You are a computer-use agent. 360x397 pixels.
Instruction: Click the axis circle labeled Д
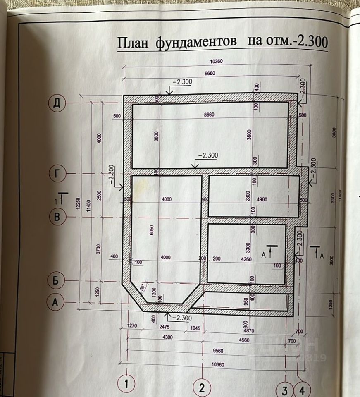click(x=57, y=103)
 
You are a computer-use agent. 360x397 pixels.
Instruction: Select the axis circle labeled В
click(x=57, y=217)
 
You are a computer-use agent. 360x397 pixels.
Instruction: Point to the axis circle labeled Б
click(x=57, y=280)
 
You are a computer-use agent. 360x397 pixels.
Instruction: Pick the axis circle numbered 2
click(x=202, y=387)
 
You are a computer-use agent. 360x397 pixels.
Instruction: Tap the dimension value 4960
click(x=262, y=199)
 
